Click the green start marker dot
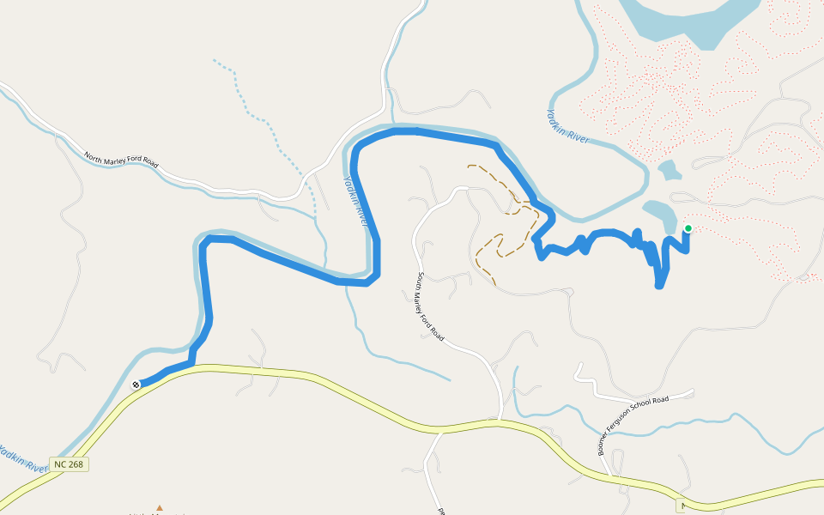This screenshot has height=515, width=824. (x=688, y=228)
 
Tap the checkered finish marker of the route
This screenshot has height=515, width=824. (x=136, y=385)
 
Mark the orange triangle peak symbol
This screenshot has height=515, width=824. (x=159, y=508)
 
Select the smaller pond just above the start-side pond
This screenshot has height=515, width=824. (x=669, y=170)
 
